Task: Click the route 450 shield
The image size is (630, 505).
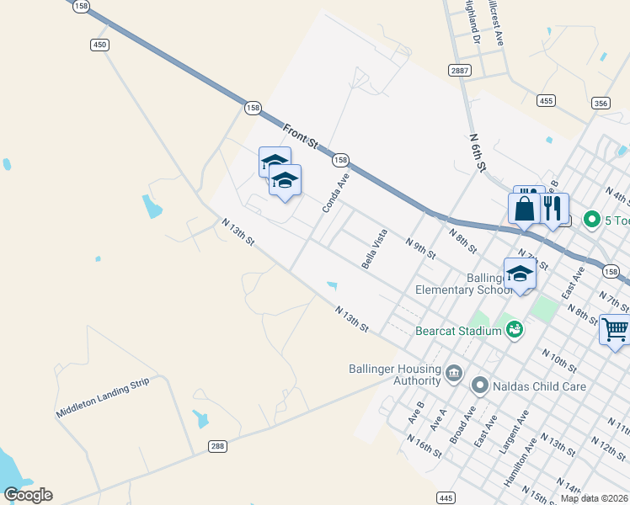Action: pos(99,45)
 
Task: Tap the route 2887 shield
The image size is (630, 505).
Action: pos(459,70)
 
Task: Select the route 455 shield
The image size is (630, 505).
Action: pos(546,101)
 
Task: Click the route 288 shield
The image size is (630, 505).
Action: pos(217,446)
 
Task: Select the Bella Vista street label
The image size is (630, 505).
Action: pos(374,248)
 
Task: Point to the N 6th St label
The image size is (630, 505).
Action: pos(478,151)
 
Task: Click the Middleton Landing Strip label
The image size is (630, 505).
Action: pos(102,399)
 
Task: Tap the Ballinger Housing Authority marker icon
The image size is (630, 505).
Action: pos(454,372)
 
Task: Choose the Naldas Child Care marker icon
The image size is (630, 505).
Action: pos(480,386)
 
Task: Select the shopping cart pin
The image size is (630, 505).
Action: pos(615,329)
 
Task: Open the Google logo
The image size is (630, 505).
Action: pos(28,494)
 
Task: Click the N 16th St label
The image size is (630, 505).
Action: pos(423,445)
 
